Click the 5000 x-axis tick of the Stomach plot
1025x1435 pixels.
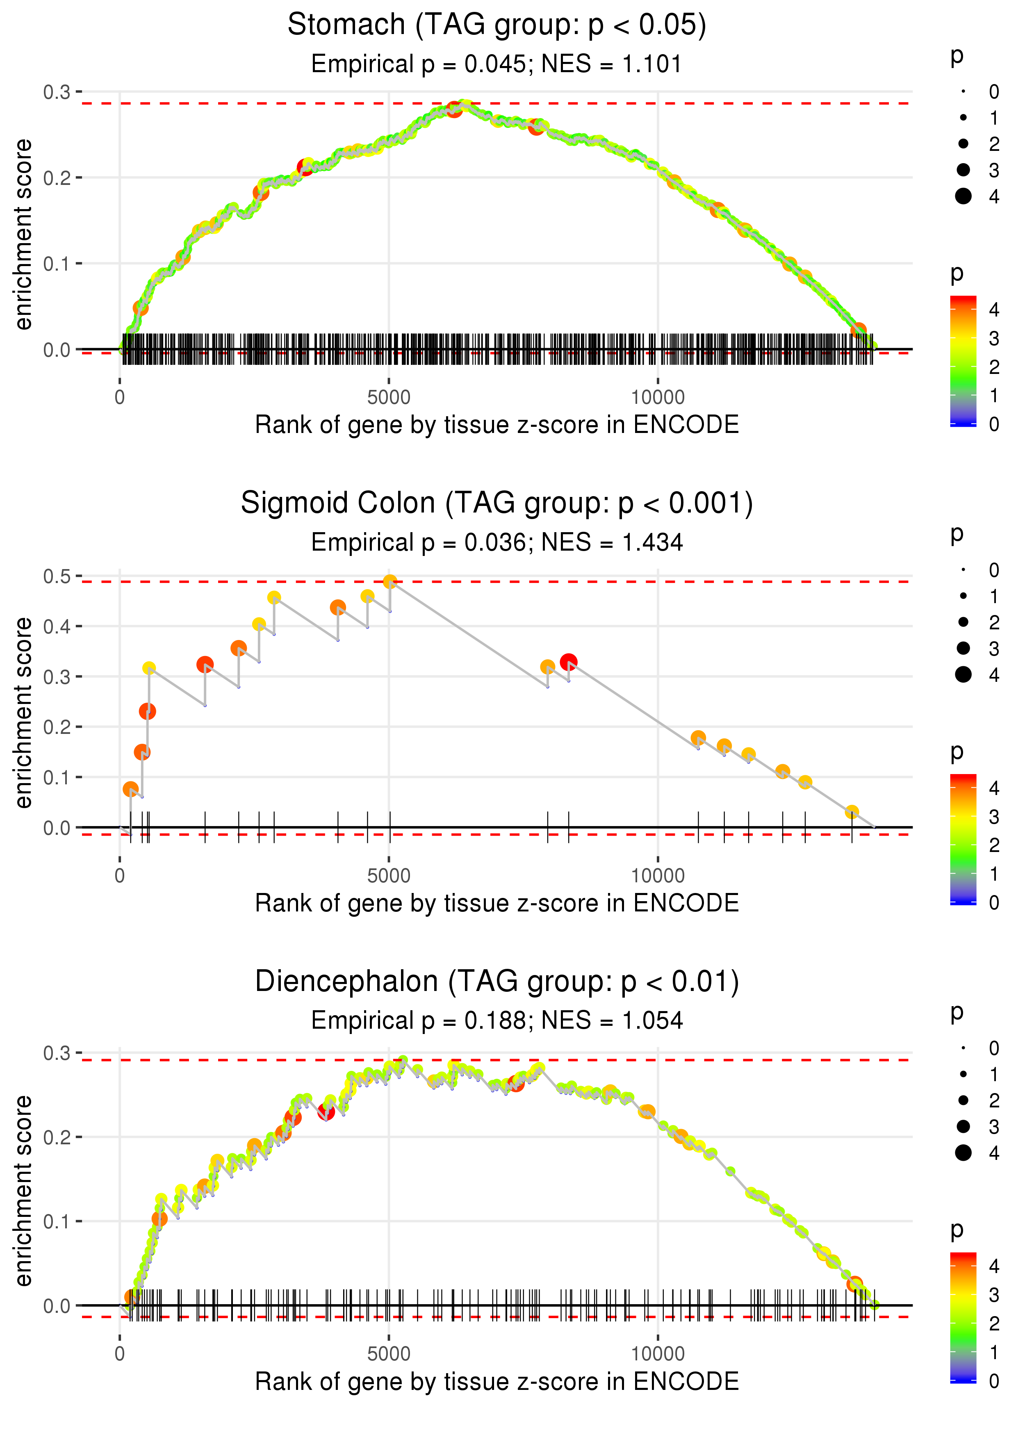(x=389, y=398)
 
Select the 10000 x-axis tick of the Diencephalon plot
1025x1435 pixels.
(x=658, y=1353)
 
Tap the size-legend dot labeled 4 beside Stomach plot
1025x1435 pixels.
(x=963, y=196)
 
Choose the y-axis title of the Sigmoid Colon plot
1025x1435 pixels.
(x=23, y=713)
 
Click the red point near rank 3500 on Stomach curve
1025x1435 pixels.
(x=305, y=168)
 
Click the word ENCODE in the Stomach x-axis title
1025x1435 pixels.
(x=686, y=425)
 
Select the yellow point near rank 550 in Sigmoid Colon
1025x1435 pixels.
(x=149, y=668)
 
